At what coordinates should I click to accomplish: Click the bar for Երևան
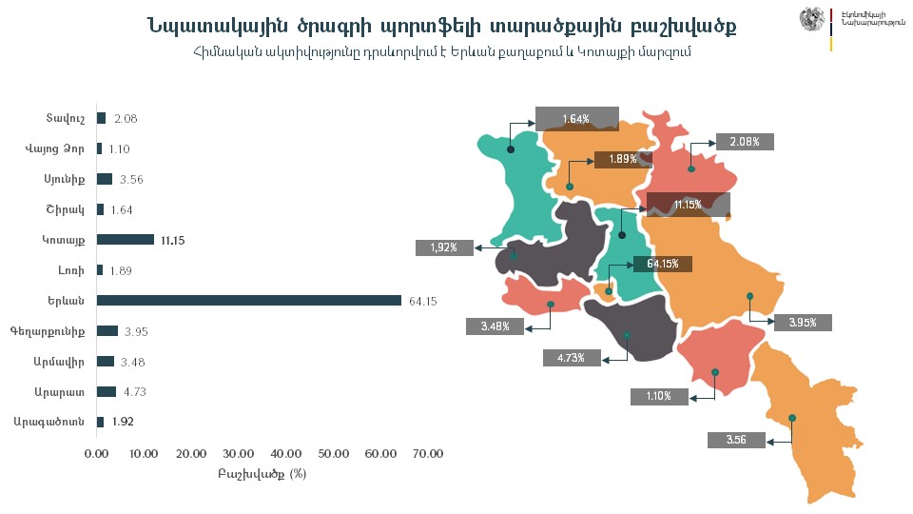pyautogui.click(x=249, y=301)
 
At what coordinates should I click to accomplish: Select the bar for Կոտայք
pyautogui.click(x=126, y=240)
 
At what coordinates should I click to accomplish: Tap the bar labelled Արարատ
pyautogui.click(x=107, y=391)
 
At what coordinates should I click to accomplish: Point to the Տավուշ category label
pyautogui.click(x=67, y=118)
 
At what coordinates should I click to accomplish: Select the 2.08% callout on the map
pyautogui.click(x=745, y=142)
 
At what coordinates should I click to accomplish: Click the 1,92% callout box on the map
pyautogui.click(x=444, y=247)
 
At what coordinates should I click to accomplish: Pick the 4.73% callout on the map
pyautogui.click(x=572, y=358)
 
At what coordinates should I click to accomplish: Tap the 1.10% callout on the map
pyautogui.click(x=658, y=396)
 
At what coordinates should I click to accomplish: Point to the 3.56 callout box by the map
pyautogui.click(x=736, y=440)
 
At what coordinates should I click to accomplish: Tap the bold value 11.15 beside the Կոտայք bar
pyautogui.click(x=171, y=240)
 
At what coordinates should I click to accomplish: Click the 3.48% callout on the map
pyautogui.click(x=495, y=326)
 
